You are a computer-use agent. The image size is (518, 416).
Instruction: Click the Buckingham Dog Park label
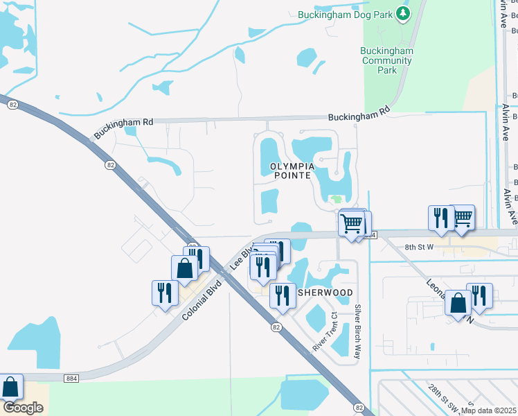[x=345, y=15]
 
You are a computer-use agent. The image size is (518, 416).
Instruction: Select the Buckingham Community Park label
[x=388, y=60]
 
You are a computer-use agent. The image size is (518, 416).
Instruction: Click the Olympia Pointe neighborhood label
[x=292, y=172]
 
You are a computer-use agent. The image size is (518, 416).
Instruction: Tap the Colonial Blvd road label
[x=202, y=300]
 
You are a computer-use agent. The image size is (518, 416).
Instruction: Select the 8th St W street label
[x=419, y=247]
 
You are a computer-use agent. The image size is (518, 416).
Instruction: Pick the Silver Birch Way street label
[x=358, y=331]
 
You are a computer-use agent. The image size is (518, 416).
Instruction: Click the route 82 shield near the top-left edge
[x=13, y=105]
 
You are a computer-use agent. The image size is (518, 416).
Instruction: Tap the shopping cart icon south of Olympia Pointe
[x=352, y=224]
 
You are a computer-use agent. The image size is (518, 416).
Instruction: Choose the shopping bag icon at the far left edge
[x=10, y=387]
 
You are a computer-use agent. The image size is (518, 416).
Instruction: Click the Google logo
[x=24, y=408]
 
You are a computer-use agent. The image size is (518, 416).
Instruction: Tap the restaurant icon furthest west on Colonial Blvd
[x=163, y=292]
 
